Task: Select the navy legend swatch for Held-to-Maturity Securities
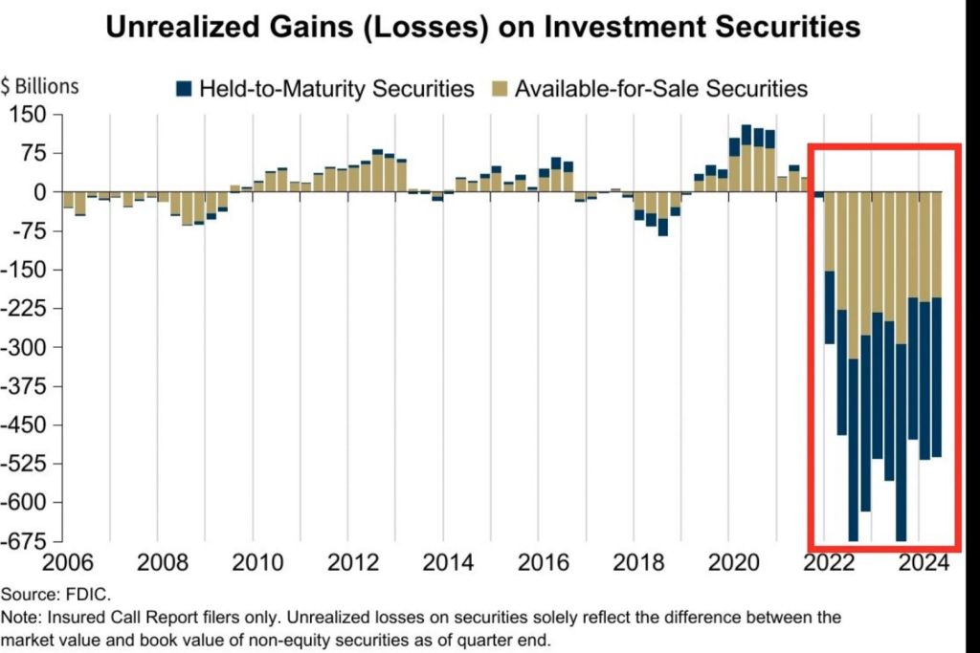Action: (185, 89)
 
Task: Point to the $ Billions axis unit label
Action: (40, 87)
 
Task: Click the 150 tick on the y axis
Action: (30, 115)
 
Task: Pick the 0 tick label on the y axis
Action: (40, 192)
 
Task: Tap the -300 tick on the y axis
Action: (26, 347)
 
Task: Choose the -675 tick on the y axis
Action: (26, 541)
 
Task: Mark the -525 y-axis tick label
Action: (26, 464)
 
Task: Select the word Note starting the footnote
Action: (20, 618)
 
